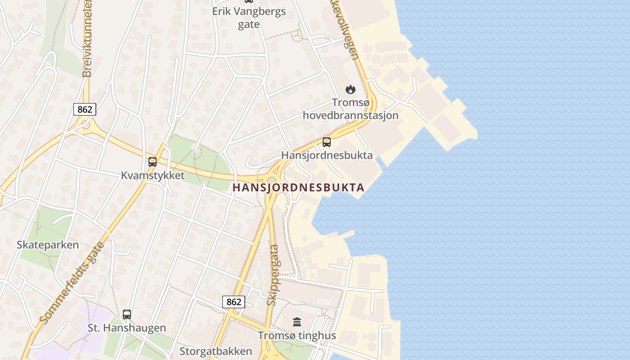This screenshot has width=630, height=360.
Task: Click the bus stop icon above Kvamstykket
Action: click(153, 162)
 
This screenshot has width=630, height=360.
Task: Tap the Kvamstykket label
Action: click(153, 175)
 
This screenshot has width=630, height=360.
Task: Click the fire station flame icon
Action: click(350, 90)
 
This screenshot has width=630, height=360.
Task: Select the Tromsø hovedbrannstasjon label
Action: click(350, 109)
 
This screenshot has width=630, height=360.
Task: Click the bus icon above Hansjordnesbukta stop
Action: click(327, 142)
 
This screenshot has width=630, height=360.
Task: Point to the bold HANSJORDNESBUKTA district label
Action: click(298, 188)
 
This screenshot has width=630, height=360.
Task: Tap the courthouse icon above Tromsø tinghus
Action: click(297, 322)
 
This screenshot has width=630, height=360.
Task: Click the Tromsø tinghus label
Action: click(297, 336)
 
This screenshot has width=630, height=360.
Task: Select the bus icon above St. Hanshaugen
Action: click(127, 315)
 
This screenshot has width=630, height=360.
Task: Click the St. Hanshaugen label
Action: click(127, 328)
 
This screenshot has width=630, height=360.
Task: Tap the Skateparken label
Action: click(48, 245)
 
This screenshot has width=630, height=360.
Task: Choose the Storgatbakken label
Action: click(216, 351)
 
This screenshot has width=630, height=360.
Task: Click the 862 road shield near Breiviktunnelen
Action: click(85, 109)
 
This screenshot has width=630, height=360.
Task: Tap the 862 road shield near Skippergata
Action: click(234, 302)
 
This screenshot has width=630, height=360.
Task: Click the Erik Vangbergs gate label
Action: click(249, 18)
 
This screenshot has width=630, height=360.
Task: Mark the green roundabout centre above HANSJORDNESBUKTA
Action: click(271, 180)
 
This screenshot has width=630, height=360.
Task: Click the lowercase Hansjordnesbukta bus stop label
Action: click(327, 155)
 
